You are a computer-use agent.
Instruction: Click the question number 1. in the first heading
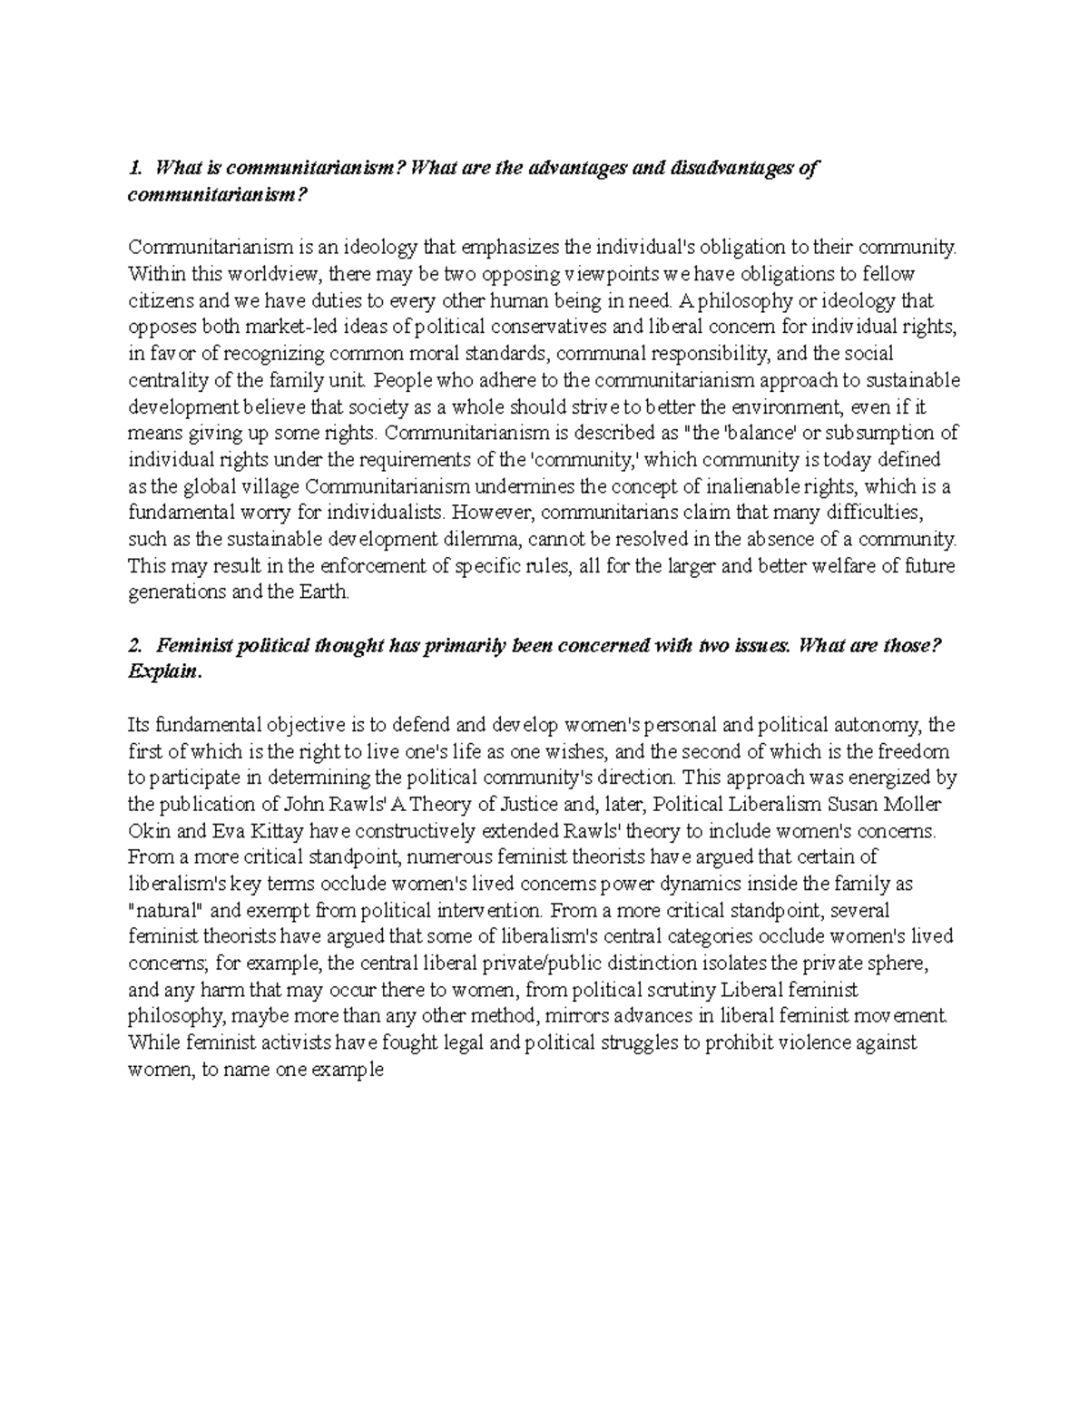pos(136,168)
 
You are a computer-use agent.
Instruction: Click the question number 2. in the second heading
pos(136,646)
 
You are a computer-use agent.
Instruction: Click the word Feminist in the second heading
pos(194,646)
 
